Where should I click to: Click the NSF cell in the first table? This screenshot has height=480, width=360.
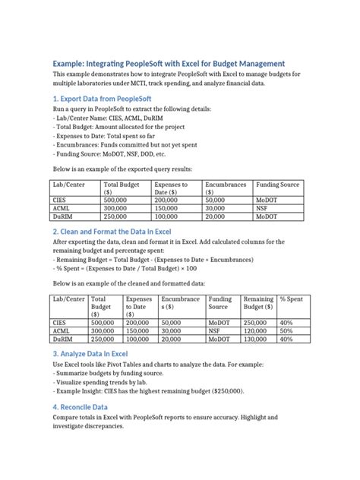tap(262, 207)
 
